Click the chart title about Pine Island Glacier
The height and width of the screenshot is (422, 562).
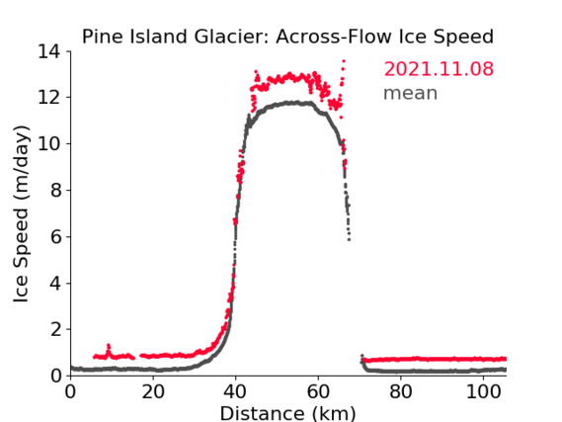click(x=287, y=37)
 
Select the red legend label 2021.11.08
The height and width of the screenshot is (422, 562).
click(x=439, y=69)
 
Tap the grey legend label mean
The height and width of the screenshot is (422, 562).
click(x=411, y=93)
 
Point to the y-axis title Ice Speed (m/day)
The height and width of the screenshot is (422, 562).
click(x=21, y=214)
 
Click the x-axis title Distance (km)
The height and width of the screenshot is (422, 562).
click(x=287, y=413)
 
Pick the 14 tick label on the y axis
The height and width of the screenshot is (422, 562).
click(x=49, y=52)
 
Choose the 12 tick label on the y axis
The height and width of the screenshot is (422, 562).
click(x=49, y=98)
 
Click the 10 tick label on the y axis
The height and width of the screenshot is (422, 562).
click(x=49, y=143)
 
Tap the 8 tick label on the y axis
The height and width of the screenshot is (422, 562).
click(x=55, y=190)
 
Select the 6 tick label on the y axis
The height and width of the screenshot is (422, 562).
click(x=55, y=236)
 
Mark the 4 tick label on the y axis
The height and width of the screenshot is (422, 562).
click(x=55, y=284)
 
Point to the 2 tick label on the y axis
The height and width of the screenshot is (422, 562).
click(x=55, y=329)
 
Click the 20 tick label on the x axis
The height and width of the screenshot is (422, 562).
click(x=153, y=392)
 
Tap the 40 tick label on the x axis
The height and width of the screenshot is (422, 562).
click(x=235, y=392)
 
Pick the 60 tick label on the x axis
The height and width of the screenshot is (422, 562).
click(x=318, y=392)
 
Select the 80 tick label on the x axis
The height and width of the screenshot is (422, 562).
click(x=401, y=392)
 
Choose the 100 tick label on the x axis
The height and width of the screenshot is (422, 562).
click(x=483, y=392)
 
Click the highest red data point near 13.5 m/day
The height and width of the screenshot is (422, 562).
click(x=344, y=61)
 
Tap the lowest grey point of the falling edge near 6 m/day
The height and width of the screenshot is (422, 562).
click(x=349, y=239)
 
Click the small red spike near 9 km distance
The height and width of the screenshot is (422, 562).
click(x=109, y=346)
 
